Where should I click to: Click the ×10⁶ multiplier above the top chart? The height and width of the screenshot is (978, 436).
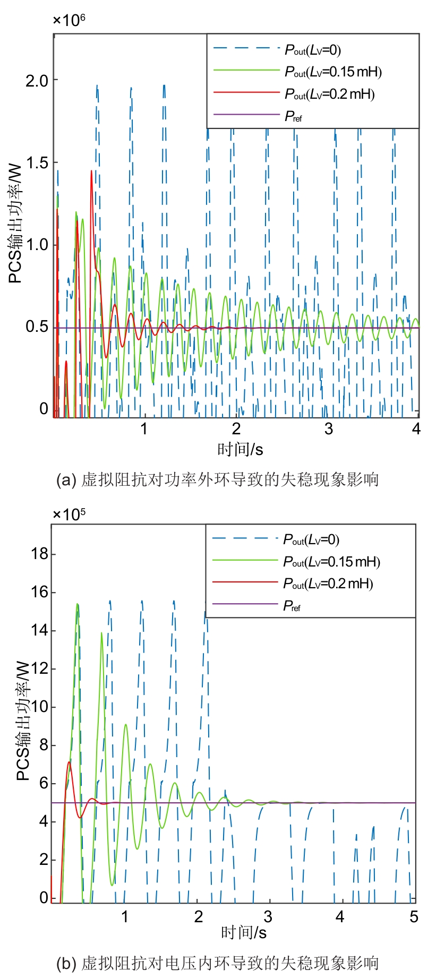[x=69, y=20]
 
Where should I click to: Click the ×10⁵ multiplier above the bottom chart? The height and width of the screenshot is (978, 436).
[x=69, y=514]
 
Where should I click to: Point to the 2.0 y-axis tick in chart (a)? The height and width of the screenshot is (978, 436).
[x=37, y=81]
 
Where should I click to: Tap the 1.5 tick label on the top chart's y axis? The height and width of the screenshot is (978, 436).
[x=37, y=163]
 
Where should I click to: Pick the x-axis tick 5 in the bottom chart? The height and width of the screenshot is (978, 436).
[x=414, y=917]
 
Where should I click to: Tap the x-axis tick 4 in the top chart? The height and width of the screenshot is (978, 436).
[x=416, y=428]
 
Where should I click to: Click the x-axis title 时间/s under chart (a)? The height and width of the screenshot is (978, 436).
[x=240, y=450]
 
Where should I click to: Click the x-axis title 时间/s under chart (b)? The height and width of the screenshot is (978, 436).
[x=244, y=932]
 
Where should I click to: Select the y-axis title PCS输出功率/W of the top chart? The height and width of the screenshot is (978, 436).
[x=16, y=223]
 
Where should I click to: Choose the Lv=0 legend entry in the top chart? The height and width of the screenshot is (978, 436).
[x=312, y=50]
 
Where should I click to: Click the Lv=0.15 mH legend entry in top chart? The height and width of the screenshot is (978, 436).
[x=333, y=72]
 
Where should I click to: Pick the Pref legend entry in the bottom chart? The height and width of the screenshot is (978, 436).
[x=292, y=605]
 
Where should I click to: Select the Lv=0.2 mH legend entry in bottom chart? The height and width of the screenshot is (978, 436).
[x=328, y=584]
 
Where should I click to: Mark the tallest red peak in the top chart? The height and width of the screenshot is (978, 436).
[x=91, y=171]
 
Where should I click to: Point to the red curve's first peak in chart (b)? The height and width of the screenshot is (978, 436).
[x=69, y=762]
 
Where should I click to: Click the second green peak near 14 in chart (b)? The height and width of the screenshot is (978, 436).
[x=101, y=633]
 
